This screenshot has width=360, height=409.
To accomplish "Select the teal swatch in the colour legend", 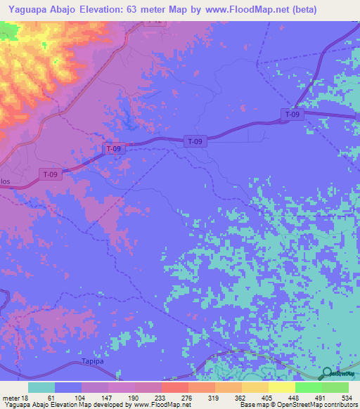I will coord(41,387).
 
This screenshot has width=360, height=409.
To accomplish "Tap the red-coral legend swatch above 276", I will coord(174,387).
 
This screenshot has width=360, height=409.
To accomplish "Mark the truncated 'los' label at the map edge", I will coord(5,181).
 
